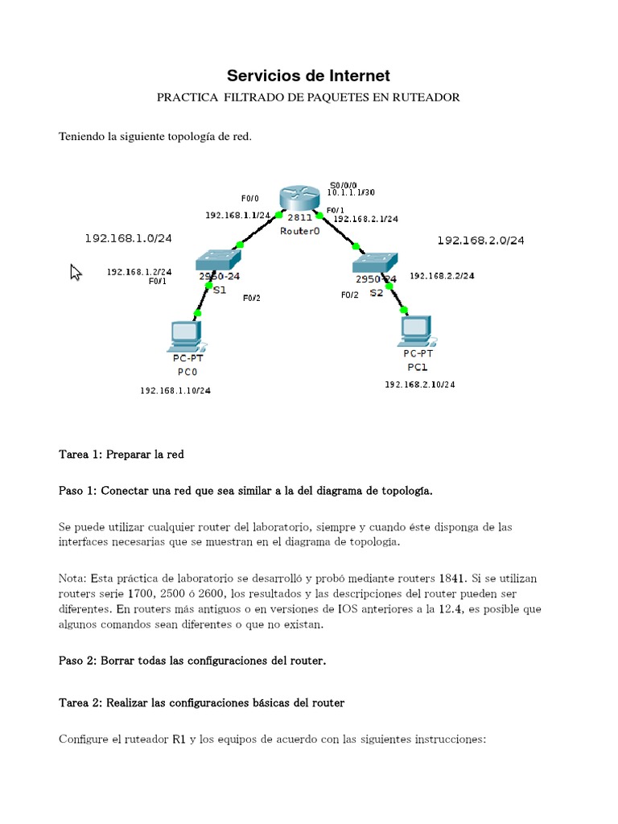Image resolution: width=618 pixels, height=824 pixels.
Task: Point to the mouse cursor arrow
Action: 76,273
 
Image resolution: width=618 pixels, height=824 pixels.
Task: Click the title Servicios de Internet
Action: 308,76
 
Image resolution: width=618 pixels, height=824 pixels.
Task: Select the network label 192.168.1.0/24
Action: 129,238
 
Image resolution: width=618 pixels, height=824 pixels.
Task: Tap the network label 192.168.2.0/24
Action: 480,240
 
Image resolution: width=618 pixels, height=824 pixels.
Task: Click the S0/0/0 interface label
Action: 343,184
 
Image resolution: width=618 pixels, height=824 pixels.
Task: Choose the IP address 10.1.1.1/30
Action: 351,193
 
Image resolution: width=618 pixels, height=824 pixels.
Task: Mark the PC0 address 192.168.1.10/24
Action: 175,390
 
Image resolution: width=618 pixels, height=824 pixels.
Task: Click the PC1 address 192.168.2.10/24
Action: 419,385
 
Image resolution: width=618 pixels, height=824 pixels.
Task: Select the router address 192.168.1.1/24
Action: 237,215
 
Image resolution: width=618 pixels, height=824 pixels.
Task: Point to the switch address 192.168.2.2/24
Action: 442,275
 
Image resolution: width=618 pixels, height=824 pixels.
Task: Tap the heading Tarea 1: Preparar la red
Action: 122,455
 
